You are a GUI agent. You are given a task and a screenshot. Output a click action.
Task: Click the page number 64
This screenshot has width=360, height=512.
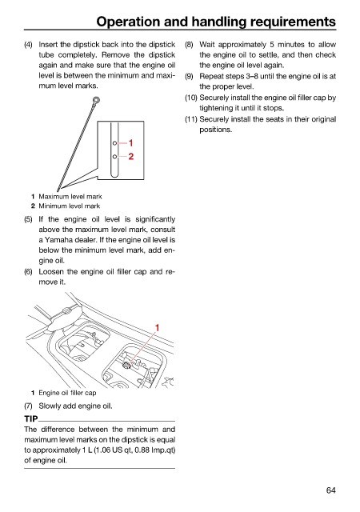click(330, 490)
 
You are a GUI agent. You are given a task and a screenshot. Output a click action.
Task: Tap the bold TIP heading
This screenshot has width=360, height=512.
click(30, 418)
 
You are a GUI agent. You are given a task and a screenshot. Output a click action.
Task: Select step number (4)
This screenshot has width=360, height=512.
click(28, 45)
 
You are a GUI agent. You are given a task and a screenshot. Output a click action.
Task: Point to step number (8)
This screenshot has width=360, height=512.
click(189, 45)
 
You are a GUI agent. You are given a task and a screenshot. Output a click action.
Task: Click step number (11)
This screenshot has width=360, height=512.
click(190, 119)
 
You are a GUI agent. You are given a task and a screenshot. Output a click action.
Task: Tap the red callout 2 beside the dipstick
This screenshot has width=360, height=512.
click(130, 157)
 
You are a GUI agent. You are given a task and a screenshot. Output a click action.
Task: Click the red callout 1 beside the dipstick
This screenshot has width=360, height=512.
click(130, 143)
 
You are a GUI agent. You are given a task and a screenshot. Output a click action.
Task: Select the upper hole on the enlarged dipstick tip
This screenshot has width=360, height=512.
click(114, 143)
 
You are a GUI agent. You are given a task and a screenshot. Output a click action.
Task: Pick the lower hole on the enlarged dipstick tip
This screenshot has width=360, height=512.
click(114, 157)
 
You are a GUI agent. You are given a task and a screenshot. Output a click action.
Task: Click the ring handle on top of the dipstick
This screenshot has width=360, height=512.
click(96, 99)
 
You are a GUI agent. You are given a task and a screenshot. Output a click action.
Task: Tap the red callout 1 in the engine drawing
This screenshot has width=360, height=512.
click(157, 327)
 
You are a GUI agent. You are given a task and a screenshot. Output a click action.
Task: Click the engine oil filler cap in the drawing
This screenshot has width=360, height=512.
click(126, 366)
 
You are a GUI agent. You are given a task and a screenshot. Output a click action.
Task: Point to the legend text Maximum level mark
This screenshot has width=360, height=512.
click(70, 197)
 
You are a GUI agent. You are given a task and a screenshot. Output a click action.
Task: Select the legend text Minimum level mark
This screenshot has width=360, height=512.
click(70, 206)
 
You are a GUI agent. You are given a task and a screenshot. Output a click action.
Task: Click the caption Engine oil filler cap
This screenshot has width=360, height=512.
click(67, 393)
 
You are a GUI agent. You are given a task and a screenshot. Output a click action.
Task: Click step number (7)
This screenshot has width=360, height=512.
click(28, 406)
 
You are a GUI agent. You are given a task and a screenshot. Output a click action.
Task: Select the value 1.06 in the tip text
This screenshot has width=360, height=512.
click(103, 450)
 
